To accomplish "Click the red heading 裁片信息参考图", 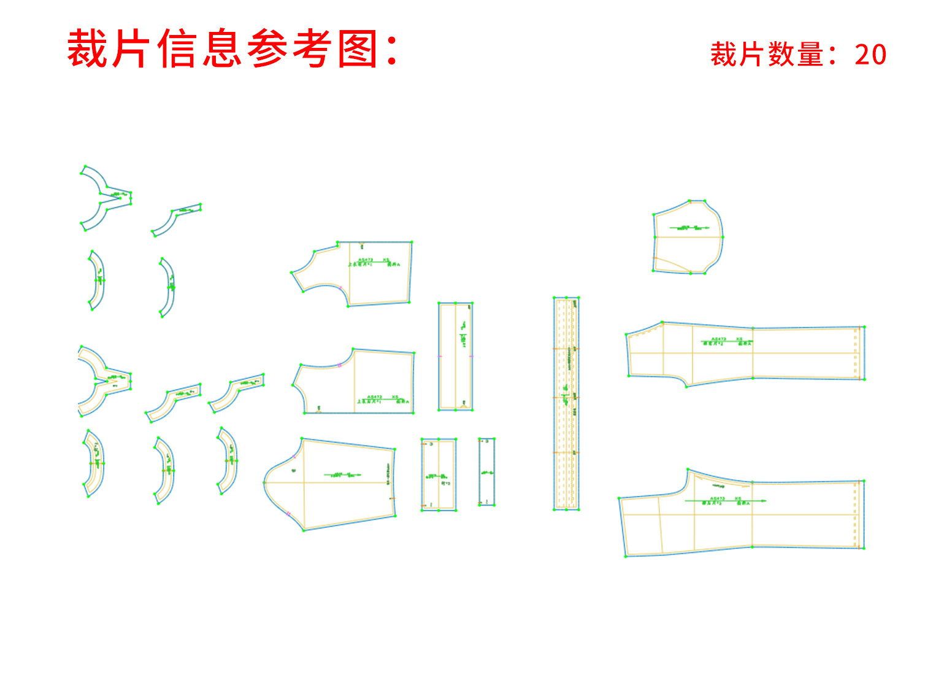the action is [233, 49].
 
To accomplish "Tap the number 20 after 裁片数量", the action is [870, 55].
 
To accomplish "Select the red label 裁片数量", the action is [767, 55].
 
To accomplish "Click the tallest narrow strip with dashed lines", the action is [566, 403].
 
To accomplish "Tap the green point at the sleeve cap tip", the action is [264, 483].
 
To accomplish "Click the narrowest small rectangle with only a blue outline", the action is [486, 472].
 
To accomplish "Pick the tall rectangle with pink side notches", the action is [455, 356].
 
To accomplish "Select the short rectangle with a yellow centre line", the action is [439, 474].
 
